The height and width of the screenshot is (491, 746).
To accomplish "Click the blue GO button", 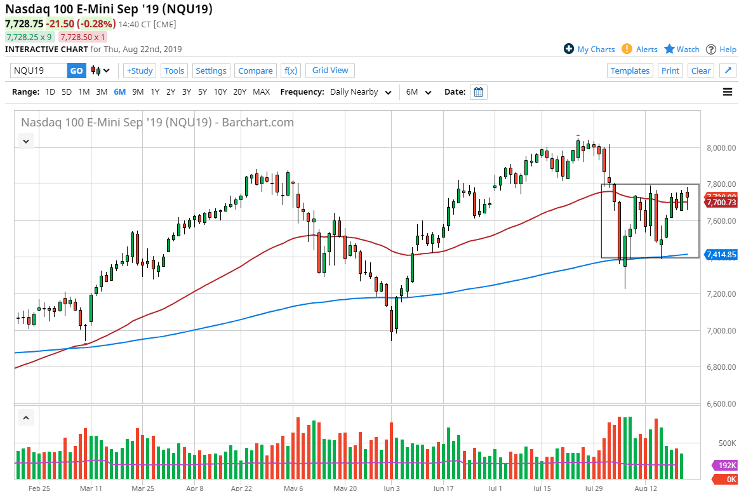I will click(76, 71).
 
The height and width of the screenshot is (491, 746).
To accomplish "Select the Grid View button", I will click(330, 70).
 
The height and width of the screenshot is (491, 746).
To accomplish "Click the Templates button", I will click(630, 71).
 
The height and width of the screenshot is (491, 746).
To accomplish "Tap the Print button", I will click(670, 71).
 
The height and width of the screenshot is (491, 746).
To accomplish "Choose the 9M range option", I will click(138, 91).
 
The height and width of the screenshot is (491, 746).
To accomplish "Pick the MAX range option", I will click(261, 91).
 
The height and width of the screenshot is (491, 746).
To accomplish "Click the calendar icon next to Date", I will click(479, 92).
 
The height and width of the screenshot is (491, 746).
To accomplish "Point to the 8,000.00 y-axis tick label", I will click(720, 148).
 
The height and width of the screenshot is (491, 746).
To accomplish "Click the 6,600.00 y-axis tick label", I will click(720, 403).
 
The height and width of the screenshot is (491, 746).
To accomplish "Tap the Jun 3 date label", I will click(392, 488).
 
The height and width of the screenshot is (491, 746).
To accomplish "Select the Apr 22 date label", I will click(243, 488).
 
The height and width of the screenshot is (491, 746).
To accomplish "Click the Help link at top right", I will click(721, 49).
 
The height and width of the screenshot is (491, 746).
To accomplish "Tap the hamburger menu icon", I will click(728, 92).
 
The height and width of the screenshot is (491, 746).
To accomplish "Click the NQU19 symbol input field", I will click(38, 71).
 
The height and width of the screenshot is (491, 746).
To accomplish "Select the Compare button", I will click(255, 71).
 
